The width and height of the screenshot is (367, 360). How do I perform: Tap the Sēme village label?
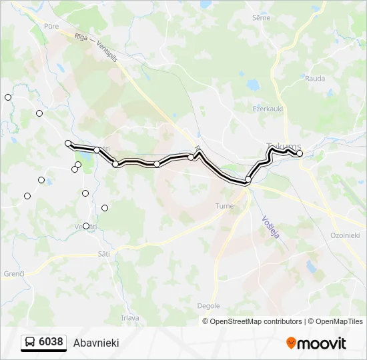pyautogui.click(x=262, y=18)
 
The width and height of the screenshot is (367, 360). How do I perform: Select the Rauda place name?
pyautogui.click(x=315, y=78)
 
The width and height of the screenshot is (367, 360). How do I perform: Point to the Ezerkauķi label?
pyautogui.click(x=268, y=108)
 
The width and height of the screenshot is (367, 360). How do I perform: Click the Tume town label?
pyautogui.click(x=224, y=206)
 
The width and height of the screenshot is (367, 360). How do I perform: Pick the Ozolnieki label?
pyautogui.click(x=345, y=235)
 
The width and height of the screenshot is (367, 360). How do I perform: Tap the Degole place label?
pyautogui.click(x=208, y=305)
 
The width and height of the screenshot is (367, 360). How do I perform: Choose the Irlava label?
pyautogui.click(x=130, y=318)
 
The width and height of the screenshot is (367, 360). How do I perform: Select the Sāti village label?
pyautogui.click(x=103, y=253)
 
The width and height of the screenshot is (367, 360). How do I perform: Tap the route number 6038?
pyautogui.click(x=51, y=342)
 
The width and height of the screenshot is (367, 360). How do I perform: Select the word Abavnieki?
pyautogui.click(x=96, y=343)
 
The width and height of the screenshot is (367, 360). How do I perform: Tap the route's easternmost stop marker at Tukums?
pyautogui.click(x=300, y=154)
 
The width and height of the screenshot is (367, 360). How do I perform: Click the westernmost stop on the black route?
pyautogui.click(x=68, y=143)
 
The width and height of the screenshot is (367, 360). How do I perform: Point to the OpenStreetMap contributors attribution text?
pyautogui.click(x=254, y=321)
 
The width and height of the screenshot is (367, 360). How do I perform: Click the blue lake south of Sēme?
pyautogui.click(x=252, y=85)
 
